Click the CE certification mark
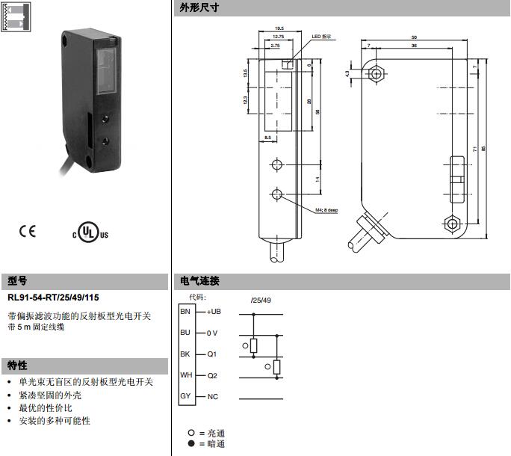pos(27,231)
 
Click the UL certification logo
pos(90,232)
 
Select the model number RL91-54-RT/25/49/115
pos(53,298)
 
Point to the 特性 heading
pos(18,366)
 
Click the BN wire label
pos(186,311)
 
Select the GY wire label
pos(186,395)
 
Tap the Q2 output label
pos(212,375)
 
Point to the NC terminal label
pos(212,395)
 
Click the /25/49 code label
pos(261,300)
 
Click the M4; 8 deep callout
pos(323,210)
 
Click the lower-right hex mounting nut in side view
pos(451,224)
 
